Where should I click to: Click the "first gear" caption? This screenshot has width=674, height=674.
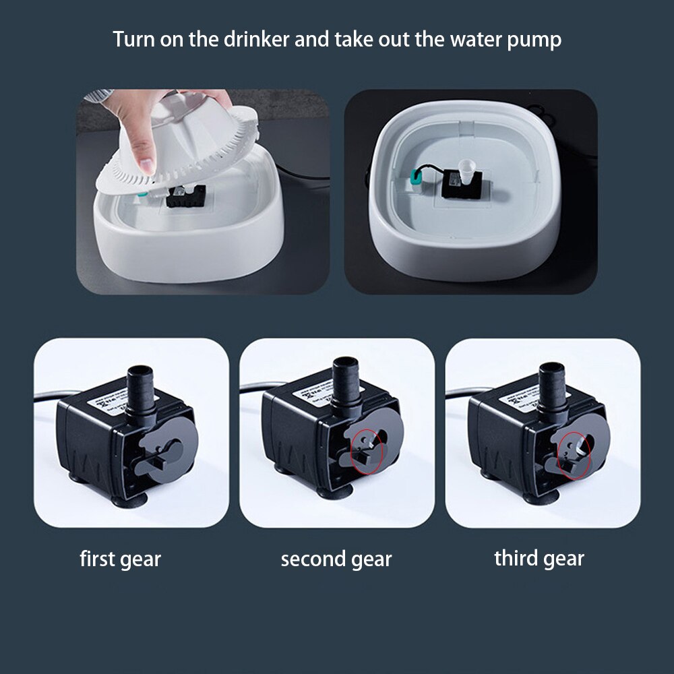pos(121,559)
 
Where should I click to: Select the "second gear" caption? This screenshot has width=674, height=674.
pos(336,559)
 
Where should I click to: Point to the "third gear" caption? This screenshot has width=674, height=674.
pos(539,558)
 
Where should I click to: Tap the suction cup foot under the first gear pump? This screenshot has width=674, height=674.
pos(129,500)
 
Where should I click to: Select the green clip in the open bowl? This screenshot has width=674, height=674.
pos(417,178)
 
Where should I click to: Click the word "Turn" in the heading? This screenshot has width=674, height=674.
pos(133,39)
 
